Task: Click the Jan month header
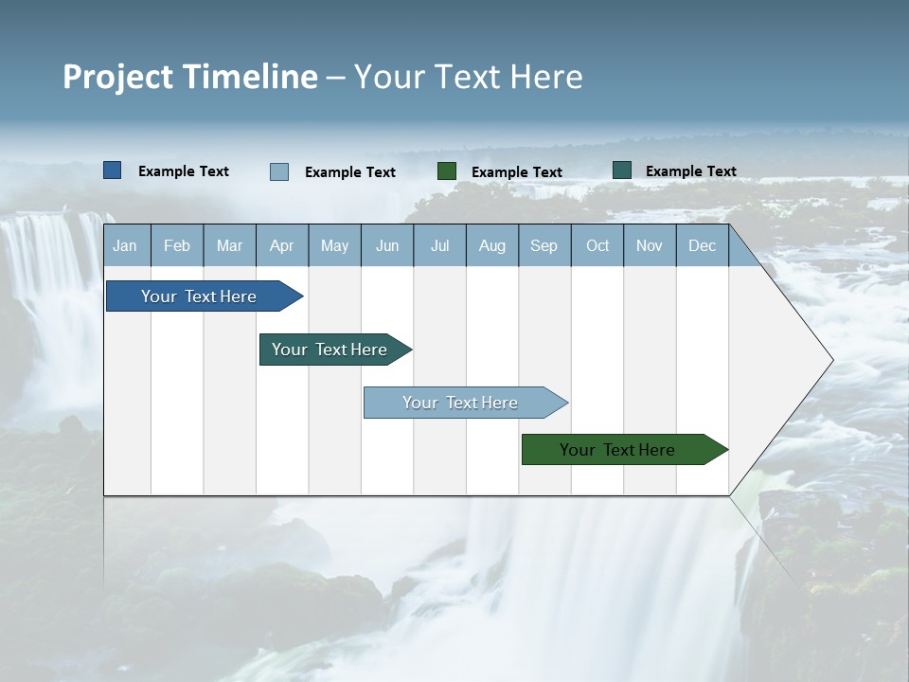tap(125, 246)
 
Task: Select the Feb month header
tap(177, 246)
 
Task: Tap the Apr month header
tap(281, 246)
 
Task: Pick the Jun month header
tap(387, 246)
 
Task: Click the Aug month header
tap(491, 246)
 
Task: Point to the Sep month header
tap(544, 246)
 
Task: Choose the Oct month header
tap(597, 246)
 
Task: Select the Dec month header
tap(702, 246)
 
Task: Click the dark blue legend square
tap(113, 170)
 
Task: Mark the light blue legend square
tap(279, 171)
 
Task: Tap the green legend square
tap(447, 170)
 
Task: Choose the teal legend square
tap(622, 170)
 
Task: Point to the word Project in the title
tap(118, 77)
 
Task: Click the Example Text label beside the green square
tap(517, 172)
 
